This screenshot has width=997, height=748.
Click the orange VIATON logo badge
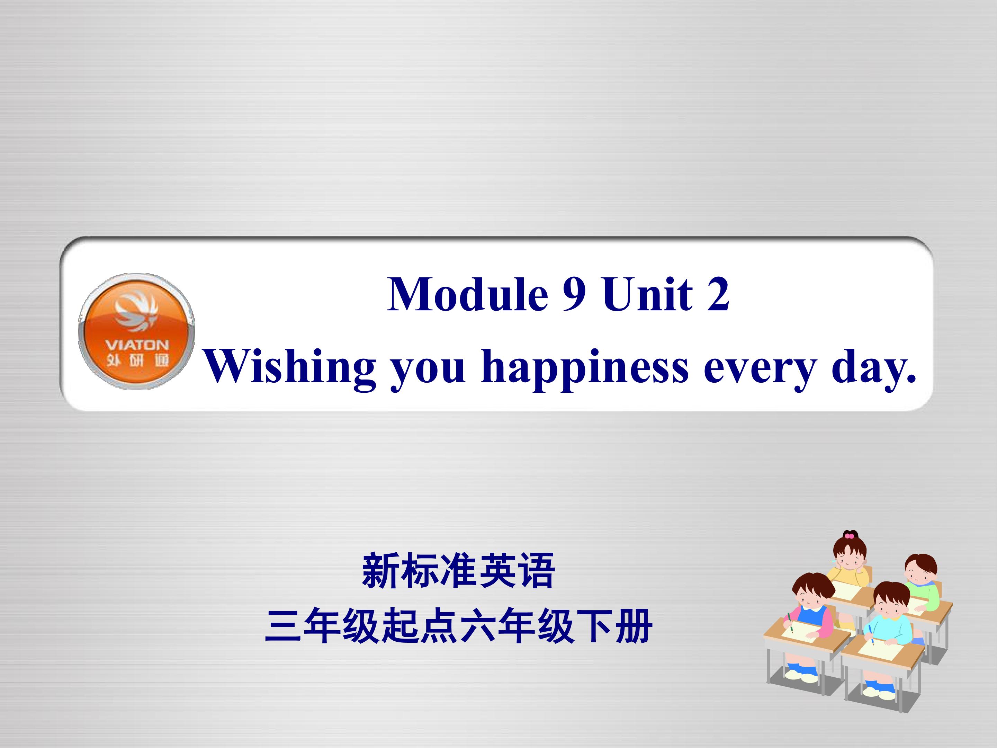tap(137, 331)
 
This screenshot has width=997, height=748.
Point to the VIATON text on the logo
tap(137, 345)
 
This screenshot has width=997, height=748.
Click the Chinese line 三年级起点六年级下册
tap(458, 626)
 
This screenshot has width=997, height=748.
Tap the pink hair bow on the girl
tap(849, 536)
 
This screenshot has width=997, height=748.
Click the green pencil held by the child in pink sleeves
tap(790, 622)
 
